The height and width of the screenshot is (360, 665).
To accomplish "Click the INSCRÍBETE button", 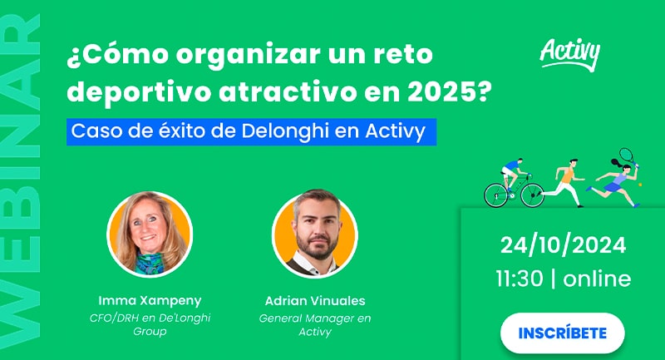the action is [563, 333].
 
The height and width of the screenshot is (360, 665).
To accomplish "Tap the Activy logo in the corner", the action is [570, 54].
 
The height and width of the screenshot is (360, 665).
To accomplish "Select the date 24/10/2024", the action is [564, 245].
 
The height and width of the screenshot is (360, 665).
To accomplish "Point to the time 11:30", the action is [520, 279].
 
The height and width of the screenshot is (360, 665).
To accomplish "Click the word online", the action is [597, 279].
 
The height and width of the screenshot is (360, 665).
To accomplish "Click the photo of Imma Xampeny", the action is [150, 234].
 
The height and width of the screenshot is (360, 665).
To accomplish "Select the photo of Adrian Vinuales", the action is [315, 234].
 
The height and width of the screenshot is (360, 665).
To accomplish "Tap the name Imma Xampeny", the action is [150, 300].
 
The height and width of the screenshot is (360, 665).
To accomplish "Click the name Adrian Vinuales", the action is [315, 301].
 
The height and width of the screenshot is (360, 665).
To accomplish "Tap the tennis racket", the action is [628, 156].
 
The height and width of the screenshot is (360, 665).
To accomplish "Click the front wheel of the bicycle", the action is [532, 195].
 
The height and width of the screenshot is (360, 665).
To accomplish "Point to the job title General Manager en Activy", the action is [315, 324].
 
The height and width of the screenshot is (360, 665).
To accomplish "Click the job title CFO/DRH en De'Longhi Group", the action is [150, 324].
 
